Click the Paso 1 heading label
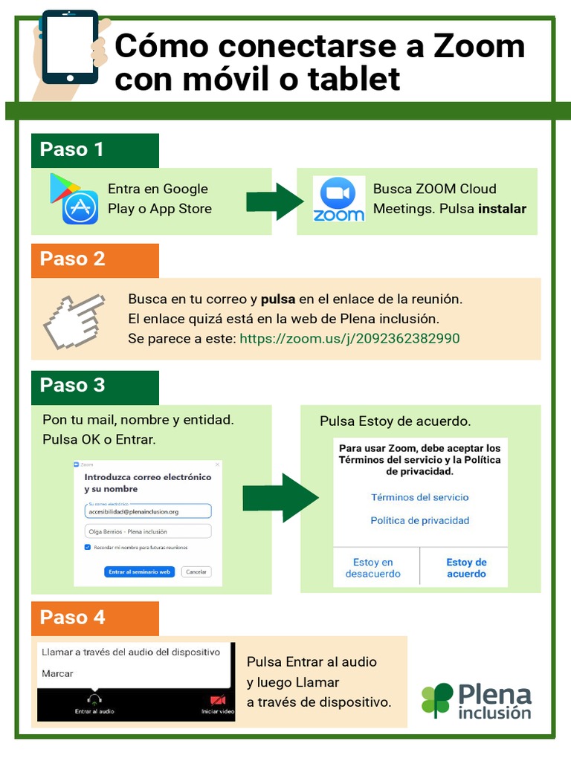point(72,149)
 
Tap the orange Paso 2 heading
point(72,259)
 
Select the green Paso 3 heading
point(72,385)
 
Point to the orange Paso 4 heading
point(72,618)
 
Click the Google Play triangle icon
point(62,188)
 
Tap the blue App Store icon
point(80,209)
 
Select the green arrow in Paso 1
point(274,201)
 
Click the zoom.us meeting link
point(349,339)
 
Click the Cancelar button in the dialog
point(196,572)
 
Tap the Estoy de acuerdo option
point(466,568)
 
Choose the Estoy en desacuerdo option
point(373,568)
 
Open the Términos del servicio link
point(420,498)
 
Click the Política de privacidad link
point(420,521)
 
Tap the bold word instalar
point(502,209)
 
